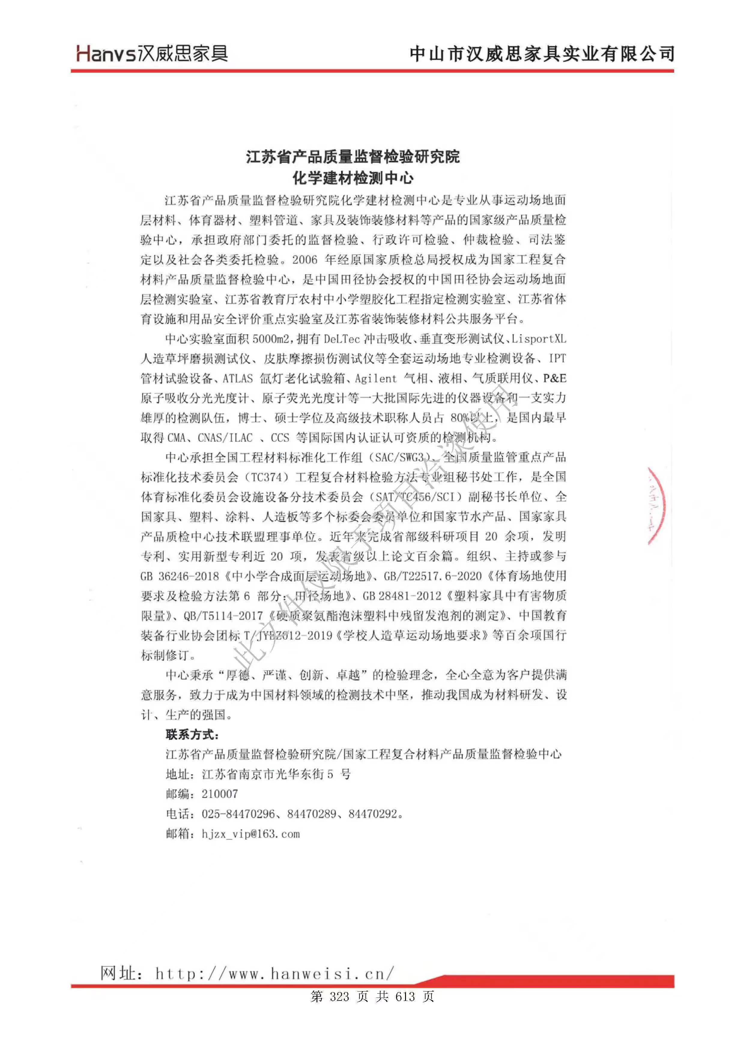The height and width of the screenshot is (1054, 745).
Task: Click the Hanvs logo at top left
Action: point(151,53)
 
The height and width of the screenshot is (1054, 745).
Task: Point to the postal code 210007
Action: point(220,794)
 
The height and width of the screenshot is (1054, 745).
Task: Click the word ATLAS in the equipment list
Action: point(238,379)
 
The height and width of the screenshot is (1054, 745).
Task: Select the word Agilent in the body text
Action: point(375,379)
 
